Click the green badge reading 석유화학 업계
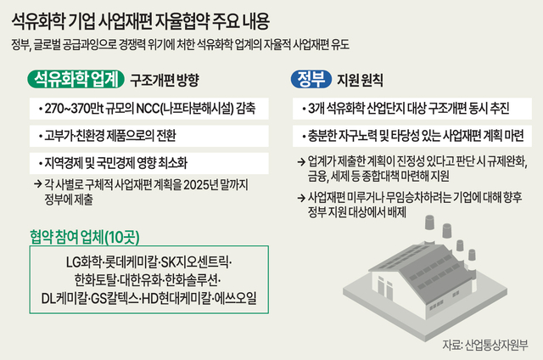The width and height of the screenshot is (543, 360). (x=76, y=79)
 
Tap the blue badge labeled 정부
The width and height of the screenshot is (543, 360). (x=311, y=79)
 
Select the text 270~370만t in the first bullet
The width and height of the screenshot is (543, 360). (x=74, y=109)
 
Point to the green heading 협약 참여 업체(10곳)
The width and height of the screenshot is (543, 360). (x=85, y=237)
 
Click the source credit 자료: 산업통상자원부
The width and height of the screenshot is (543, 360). (x=484, y=345)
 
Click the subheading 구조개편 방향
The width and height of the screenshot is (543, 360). (x=164, y=80)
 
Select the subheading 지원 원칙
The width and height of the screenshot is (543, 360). (x=360, y=80)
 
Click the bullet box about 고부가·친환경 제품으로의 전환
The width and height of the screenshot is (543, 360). (x=149, y=136)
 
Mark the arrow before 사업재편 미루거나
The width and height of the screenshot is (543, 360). (x=301, y=198)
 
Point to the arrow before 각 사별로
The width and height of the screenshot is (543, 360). (x=37, y=184)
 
